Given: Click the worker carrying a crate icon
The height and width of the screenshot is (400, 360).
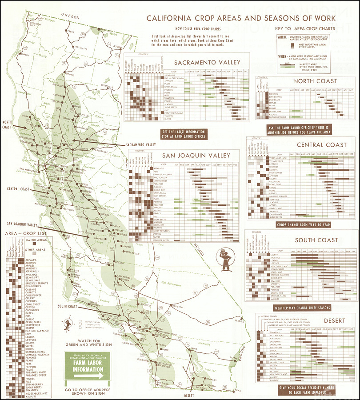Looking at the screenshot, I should click(226, 261).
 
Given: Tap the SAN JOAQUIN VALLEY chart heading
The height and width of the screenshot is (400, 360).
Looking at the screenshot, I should click(196, 155).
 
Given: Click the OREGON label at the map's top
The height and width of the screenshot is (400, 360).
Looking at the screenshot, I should click(70, 16).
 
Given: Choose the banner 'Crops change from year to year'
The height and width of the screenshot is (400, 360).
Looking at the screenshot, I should click(304, 225).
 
